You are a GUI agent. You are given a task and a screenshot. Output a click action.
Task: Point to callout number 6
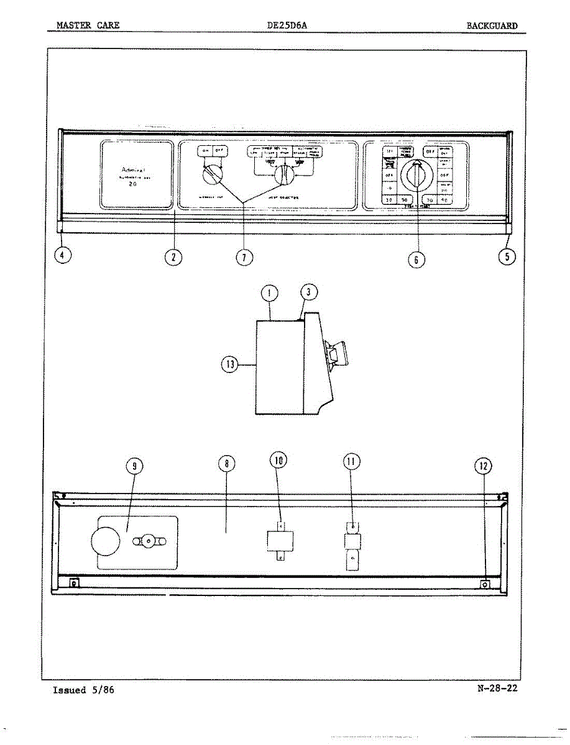pos(416,260)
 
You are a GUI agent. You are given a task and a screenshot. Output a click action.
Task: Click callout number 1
pos(269,293)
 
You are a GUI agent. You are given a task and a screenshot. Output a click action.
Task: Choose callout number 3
pos(307,293)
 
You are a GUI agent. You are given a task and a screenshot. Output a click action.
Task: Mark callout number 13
pos(230,365)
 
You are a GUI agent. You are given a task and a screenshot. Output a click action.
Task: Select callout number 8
pos(227,464)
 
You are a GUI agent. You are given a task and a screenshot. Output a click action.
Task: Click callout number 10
pos(279,461)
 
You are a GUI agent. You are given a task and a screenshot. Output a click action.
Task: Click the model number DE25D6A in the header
pos(287,25)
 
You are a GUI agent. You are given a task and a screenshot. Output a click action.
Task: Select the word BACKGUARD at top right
pos(492,25)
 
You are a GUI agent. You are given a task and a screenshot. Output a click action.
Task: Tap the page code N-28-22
pos(497,688)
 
